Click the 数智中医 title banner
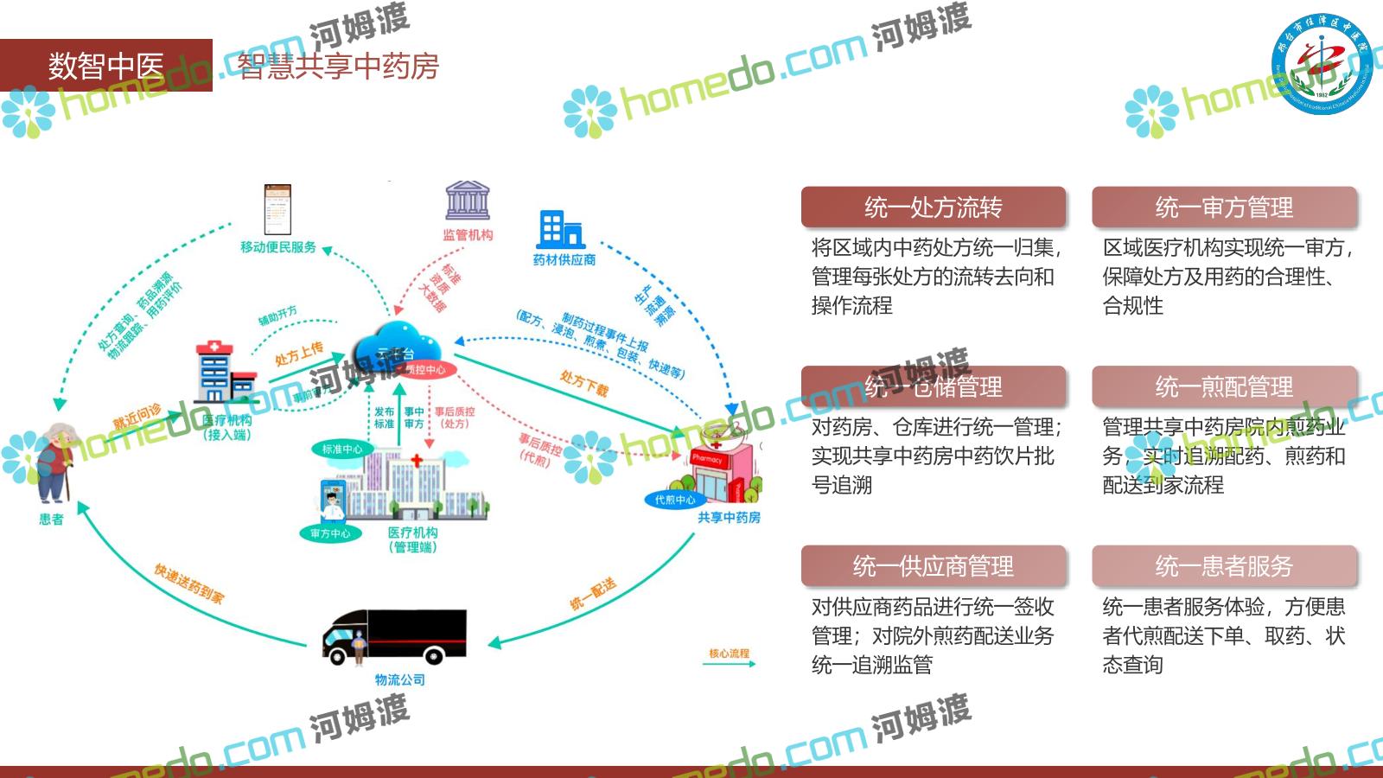click(105, 66)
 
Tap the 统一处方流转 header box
click(933, 207)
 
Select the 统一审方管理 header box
click(1224, 207)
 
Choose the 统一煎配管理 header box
click(1224, 386)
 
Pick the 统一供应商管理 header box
click(933, 566)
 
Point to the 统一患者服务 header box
click(1224, 566)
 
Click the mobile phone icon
click(277, 209)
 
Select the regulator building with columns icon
click(468, 201)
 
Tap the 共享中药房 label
click(729, 518)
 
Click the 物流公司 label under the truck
click(399, 680)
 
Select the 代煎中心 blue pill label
click(675, 500)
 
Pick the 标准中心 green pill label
click(342, 450)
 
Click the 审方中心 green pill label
click(330, 533)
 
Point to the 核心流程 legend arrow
click(730, 663)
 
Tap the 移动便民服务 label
click(278, 247)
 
